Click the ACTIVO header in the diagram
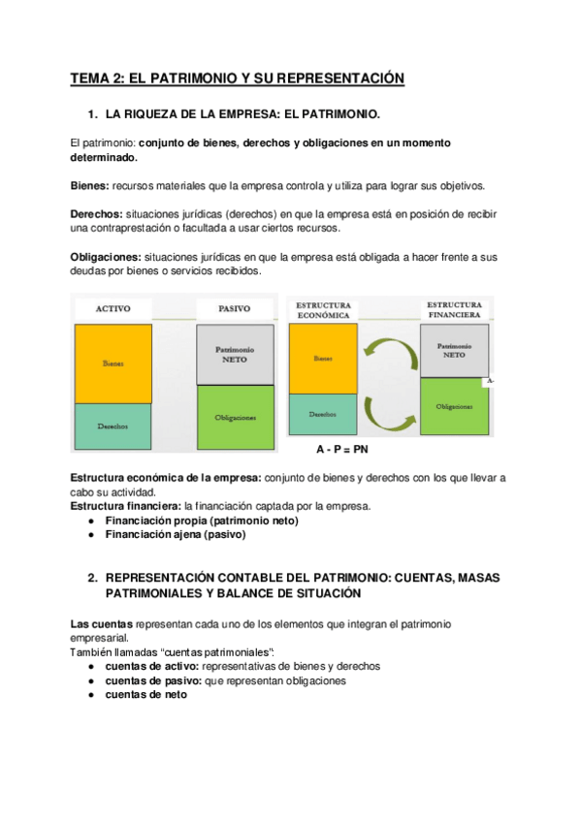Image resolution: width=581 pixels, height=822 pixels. pos(113,309)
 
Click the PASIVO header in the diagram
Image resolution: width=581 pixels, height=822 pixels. pos(236,309)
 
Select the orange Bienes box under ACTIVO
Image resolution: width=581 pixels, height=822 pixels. pos(113,364)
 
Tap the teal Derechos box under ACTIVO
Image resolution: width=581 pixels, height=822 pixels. pos(113,426)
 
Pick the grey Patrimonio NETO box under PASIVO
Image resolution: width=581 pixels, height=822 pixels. pos(235,356)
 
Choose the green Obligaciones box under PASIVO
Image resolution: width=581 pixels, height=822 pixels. pos(235,417)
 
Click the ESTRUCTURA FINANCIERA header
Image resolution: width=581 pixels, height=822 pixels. pos(454,308)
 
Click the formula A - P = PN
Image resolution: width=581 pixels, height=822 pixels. pos(342,451)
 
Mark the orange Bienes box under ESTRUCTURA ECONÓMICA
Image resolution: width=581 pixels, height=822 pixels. pos(323,359)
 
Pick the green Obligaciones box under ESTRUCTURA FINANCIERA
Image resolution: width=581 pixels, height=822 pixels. pos(454,407)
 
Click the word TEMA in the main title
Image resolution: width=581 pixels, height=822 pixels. pos(91,79)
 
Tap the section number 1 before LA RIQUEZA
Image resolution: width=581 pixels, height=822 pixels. pos(91,114)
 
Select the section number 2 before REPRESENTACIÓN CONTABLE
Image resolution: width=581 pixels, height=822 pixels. pos(91,577)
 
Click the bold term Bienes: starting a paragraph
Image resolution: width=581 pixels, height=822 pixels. pos(90,186)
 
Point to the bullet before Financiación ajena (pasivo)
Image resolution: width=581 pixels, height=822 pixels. pos(90,534)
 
